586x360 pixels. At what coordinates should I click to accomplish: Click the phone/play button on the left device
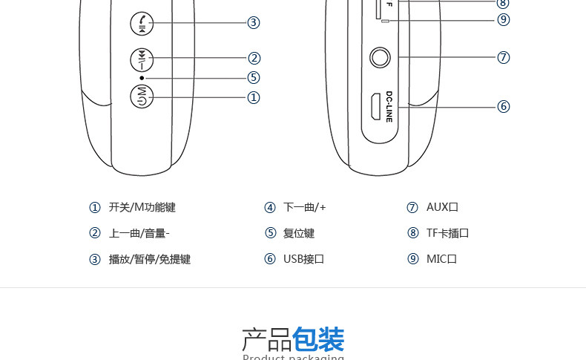(x=141, y=23)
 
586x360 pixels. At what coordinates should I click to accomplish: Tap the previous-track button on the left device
(x=141, y=58)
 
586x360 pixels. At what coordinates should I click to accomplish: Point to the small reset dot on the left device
(x=141, y=77)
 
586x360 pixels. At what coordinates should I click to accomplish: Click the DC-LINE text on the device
(x=389, y=106)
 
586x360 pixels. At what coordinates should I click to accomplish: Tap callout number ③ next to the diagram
(x=254, y=22)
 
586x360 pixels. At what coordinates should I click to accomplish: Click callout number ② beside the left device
(x=254, y=58)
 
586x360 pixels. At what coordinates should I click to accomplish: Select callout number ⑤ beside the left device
(x=254, y=77)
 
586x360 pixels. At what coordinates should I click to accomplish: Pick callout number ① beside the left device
(x=254, y=97)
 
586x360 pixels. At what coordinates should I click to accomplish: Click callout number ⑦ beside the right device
(x=504, y=57)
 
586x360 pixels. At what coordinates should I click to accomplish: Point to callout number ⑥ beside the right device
(x=504, y=106)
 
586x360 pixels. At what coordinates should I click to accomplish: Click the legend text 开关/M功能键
(x=142, y=208)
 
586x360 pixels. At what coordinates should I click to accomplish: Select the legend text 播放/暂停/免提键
(x=149, y=259)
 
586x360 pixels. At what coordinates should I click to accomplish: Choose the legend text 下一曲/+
(x=305, y=208)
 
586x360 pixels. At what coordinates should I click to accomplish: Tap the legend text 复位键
(x=299, y=233)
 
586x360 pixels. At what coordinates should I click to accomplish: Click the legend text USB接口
(x=304, y=259)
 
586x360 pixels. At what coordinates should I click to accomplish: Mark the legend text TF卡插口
(x=447, y=233)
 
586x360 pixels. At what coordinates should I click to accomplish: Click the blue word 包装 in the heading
(x=318, y=340)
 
